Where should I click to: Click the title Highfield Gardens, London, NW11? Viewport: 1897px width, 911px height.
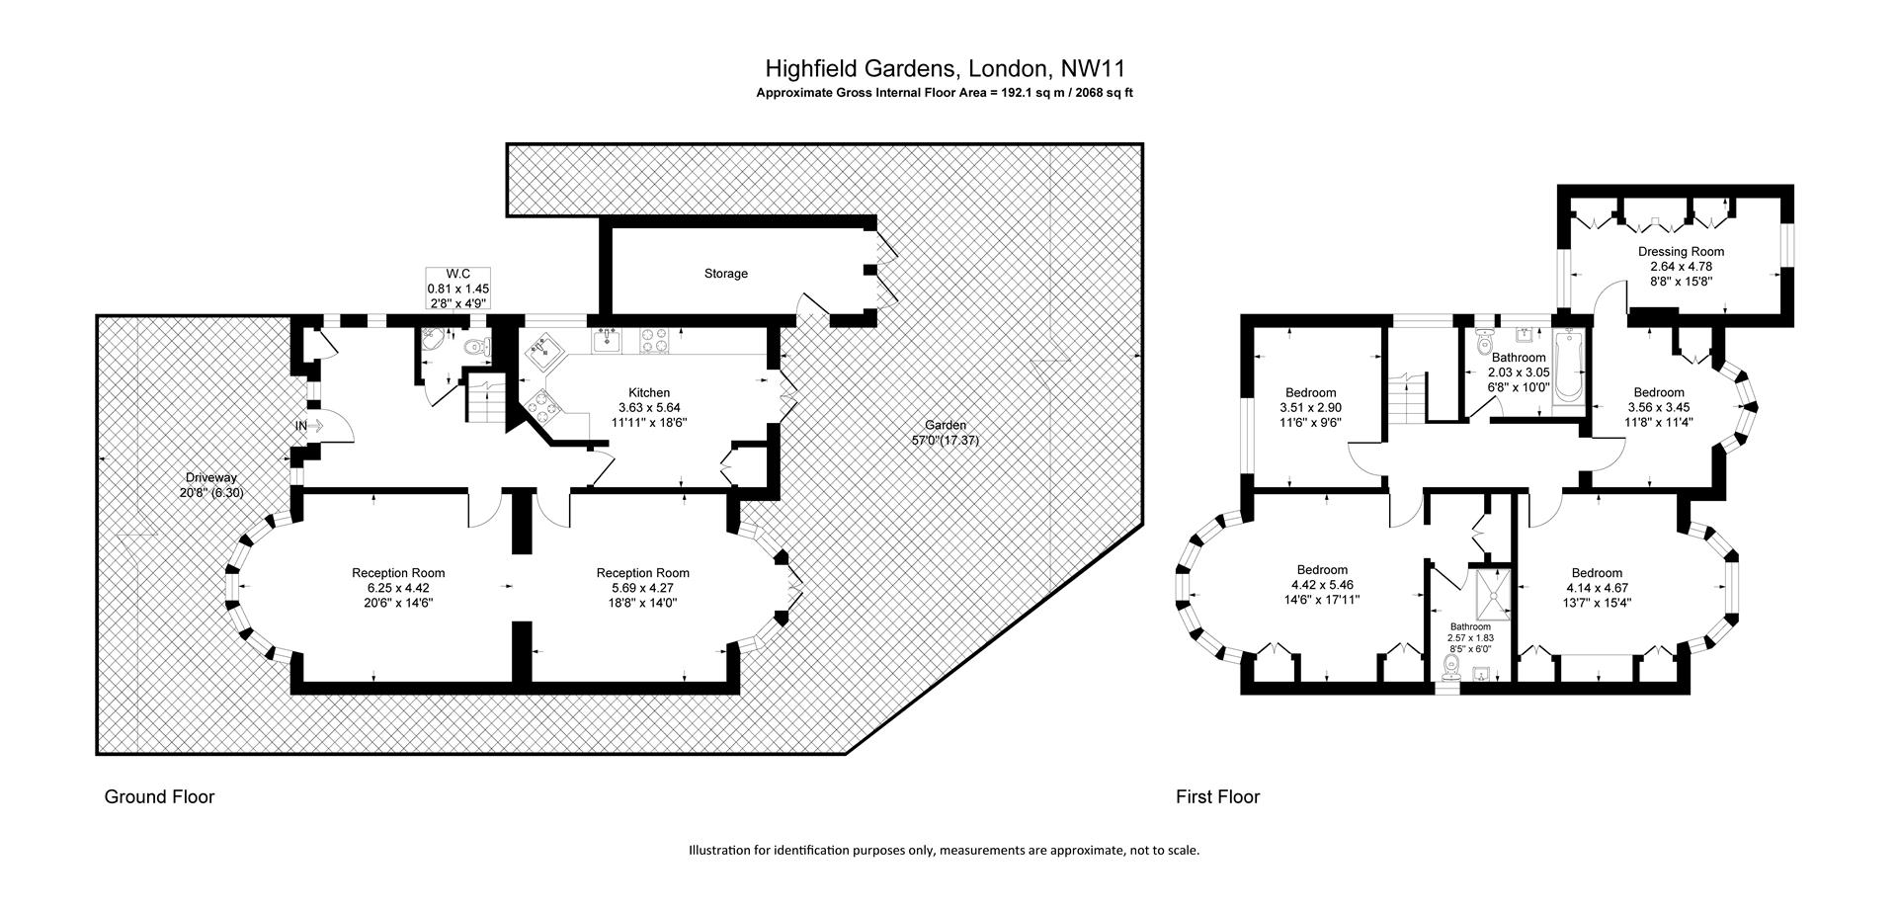tap(946, 68)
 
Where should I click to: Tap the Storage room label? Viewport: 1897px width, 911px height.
tap(726, 273)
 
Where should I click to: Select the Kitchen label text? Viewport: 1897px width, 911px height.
tap(649, 392)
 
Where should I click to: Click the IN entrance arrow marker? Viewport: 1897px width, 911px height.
tap(309, 426)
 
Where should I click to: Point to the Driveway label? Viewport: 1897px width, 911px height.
tap(211, 484)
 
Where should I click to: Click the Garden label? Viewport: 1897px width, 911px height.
tap(946, 433)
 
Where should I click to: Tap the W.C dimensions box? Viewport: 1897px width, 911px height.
tap(457, 289)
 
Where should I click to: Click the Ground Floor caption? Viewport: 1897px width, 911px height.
tap(159, 796)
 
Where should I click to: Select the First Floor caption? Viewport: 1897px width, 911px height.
tap(1217, 796)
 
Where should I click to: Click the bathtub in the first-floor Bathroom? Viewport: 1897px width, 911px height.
tap(1568, 368)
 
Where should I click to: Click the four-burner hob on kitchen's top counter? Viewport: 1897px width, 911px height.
tap(654, 340)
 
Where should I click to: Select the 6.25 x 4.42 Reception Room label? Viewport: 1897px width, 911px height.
tap(398, 587)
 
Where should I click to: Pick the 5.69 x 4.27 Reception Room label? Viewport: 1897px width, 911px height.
tap(643, 587)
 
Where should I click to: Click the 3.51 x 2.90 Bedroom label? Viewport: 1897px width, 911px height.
tap(1310, 407)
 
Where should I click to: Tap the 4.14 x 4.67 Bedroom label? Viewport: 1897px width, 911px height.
tap(1597, 587)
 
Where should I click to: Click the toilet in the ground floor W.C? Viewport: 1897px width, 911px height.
tap(477, 346)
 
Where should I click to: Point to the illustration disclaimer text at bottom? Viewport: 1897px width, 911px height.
tap(944, 850)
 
